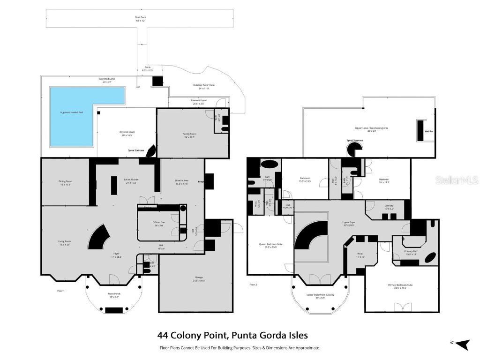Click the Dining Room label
[66, 182]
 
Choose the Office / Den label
[159, 223]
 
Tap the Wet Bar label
[429, 131]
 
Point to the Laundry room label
[389, 207]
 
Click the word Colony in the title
[192, 335]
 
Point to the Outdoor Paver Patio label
[204, 86]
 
